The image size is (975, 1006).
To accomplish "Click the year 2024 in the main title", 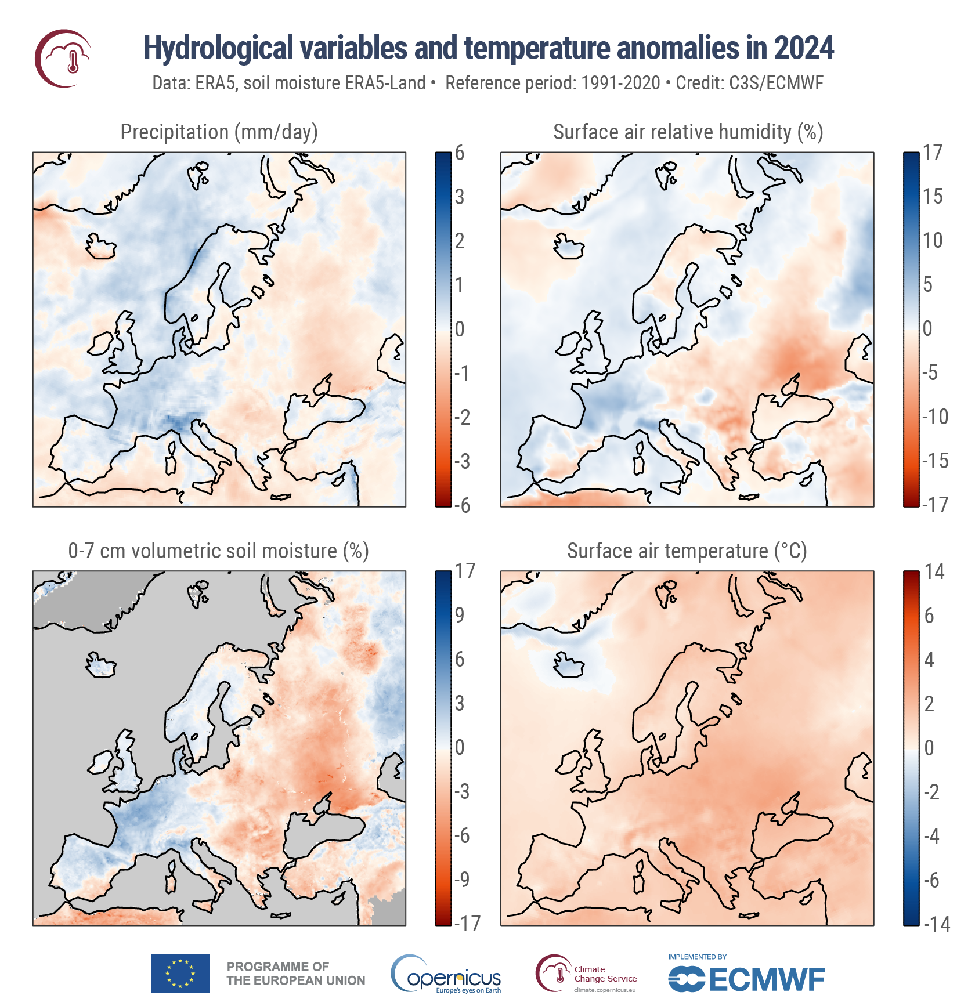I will pos(803,48).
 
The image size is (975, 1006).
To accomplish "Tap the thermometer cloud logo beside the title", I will pos(63,58).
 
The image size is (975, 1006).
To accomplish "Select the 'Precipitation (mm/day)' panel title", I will pos(219,132).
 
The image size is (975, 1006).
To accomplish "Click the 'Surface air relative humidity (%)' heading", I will pos(688,132).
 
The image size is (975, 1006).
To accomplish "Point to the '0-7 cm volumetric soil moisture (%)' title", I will pos(218,551).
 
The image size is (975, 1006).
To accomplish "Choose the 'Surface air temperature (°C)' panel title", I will pos(687,551).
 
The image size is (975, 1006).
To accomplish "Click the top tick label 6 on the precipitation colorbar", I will pos(460,153).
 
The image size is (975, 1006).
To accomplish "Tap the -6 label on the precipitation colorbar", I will pos(462,505).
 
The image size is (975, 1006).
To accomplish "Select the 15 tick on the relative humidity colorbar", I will pos(933,196).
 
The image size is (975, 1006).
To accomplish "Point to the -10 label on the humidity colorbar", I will pos(935,417).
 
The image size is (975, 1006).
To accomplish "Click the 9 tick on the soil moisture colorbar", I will pos(460,615).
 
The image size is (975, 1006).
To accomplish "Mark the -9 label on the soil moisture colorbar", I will pos(462,880).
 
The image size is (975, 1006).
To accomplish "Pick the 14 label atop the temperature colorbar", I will pos(934,572).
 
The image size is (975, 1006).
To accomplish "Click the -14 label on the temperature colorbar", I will pos(936,924).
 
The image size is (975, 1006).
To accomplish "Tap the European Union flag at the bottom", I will pos(180,973).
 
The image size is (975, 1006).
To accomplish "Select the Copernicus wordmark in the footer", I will pos(447,978).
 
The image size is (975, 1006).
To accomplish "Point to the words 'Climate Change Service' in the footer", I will pos(605,974).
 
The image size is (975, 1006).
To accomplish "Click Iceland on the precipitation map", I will pos(101,247).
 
